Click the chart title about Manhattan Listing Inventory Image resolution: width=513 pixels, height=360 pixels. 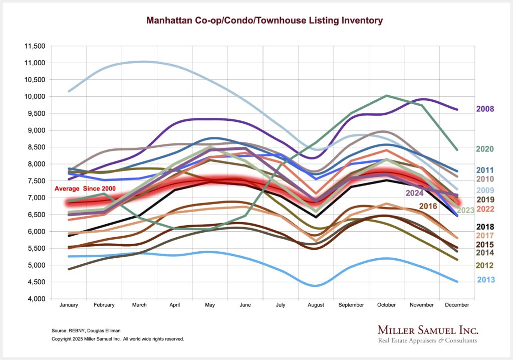tap(264, 21)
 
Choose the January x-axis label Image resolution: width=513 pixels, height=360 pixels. tap(69, 305)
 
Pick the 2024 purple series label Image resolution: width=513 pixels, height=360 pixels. tap(415, 193)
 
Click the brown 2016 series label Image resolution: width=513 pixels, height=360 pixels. tap(428, 206)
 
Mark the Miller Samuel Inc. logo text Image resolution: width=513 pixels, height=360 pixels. tap(427, 330)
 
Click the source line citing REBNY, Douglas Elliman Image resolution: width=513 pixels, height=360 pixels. tap(86, 331)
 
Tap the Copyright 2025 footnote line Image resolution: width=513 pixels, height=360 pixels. tap(118, 339)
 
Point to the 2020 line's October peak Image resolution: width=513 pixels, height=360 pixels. tap(386, 95)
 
